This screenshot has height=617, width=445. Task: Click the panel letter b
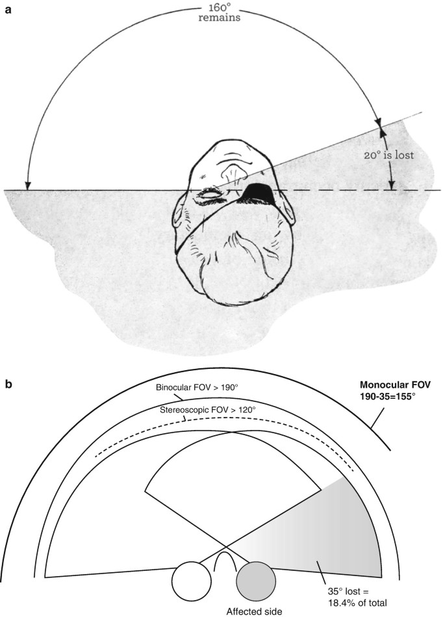pos(8,384)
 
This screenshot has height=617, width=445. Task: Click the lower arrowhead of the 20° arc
pos(391,187)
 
